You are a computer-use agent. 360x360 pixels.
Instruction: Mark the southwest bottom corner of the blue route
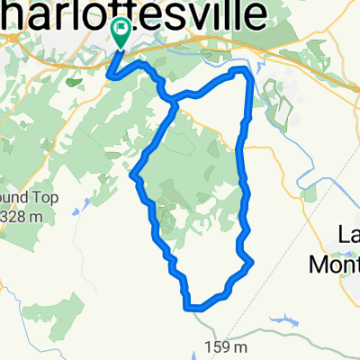click(188, 305)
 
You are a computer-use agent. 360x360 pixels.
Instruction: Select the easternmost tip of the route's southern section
click(252, 263)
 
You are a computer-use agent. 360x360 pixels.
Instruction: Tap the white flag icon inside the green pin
click(120, 28)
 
